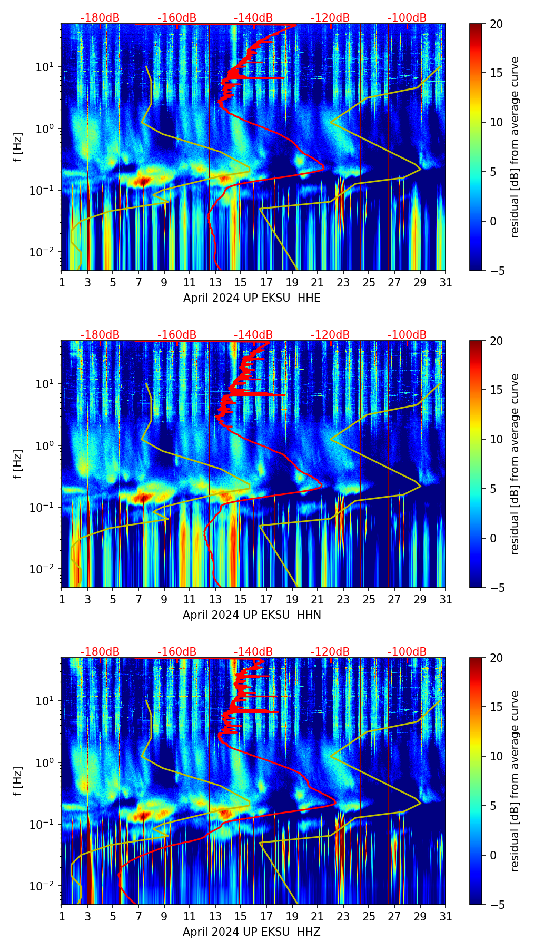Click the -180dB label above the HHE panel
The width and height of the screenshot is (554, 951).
click(100, 18)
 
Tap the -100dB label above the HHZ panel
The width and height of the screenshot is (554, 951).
click(407, 652)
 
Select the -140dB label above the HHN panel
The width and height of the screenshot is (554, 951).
click(253, 335)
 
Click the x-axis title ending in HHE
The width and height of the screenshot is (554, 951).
click(252, 298)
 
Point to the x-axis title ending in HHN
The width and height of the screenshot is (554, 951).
click(252, 615)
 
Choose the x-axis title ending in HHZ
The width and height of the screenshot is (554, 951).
click(252, 932)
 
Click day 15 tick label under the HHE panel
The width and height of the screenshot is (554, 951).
click(241, 283)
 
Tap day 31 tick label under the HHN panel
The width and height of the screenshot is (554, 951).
click(446, 600)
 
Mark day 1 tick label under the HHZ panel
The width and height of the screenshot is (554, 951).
click(62, 917)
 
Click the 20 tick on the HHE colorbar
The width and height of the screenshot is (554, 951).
click(496, 24)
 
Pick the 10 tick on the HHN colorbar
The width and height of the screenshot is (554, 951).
click(496, 439)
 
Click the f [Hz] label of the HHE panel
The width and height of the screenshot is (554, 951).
click(18, 147)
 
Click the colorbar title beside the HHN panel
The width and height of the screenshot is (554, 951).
click(515, 464)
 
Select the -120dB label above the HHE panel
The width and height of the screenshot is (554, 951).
click(330, 18)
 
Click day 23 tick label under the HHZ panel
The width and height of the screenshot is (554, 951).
click(343, 917)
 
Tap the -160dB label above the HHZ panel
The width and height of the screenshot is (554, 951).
click(177, 652)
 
